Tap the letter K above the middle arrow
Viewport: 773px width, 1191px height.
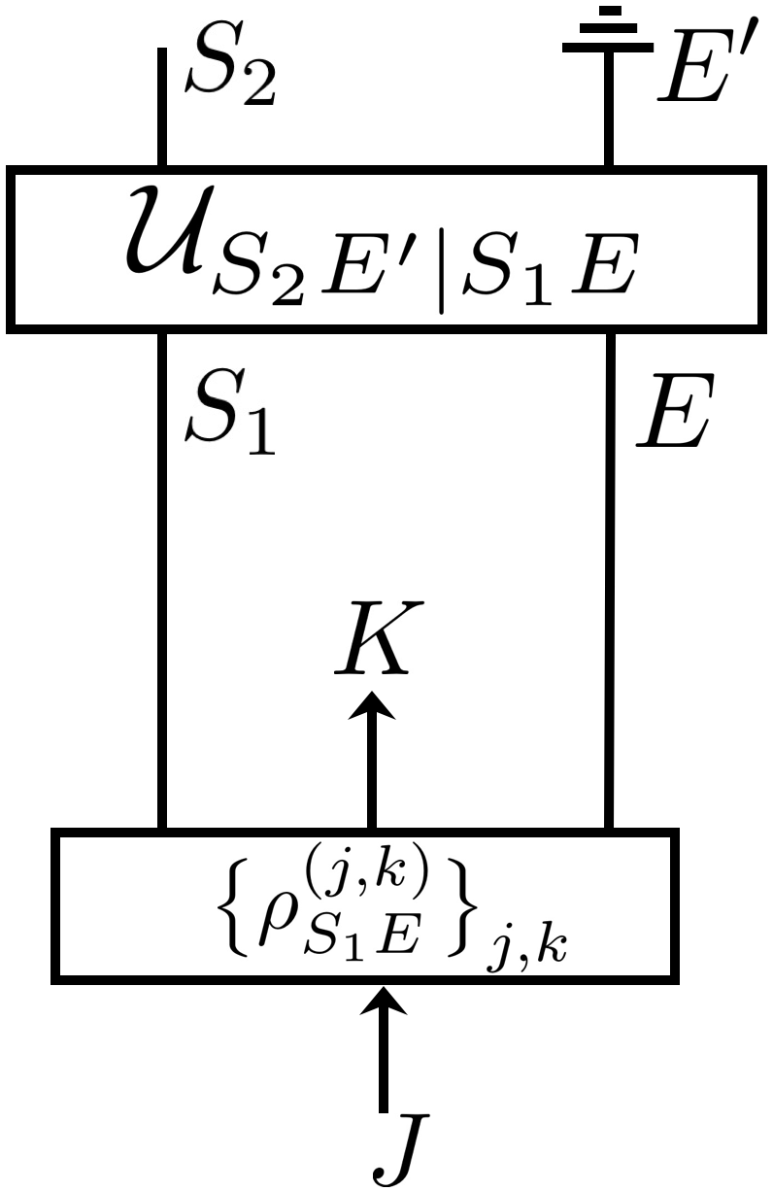pos(372,640)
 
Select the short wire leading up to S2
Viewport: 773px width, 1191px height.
pos(162,107)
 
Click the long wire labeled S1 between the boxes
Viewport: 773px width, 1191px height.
pos(162,583)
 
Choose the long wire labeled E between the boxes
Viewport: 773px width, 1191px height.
pos(609,583)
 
